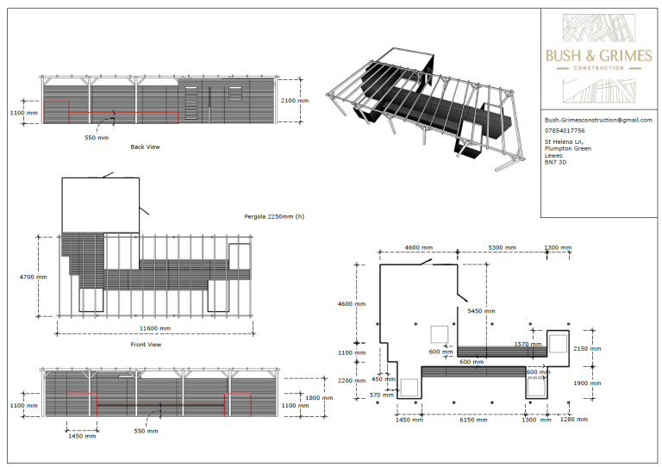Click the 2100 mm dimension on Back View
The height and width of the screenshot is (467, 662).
coord(295,101)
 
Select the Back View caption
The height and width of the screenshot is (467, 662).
coord(145,146)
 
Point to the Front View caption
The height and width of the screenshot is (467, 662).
coord(146,345)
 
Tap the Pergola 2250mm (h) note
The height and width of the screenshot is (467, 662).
coord(274,217)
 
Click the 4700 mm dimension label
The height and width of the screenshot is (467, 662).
coord(35,277)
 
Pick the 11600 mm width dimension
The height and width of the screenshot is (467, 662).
coord(156,328)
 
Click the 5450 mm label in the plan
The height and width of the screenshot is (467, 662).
coord(481,310)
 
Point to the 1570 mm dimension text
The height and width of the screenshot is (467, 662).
coord(526,344)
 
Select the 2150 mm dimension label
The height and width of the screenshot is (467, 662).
coord(589,349)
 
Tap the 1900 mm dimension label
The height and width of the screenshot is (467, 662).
coord(589,383)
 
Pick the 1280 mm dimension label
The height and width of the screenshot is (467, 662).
coord(574,420)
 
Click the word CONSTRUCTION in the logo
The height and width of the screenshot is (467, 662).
coord(598,67)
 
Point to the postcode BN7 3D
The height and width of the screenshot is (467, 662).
coord(556,162)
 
